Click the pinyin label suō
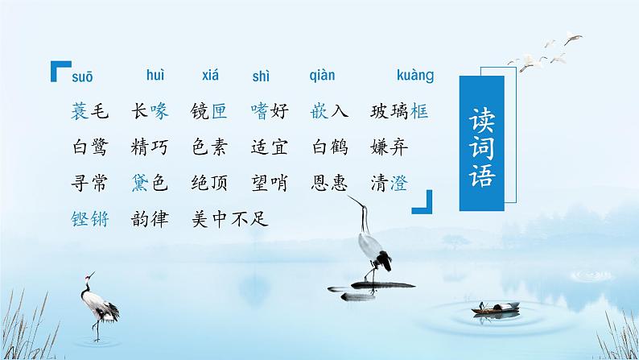[x=83, y=77]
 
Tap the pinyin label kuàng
[x=415, y=77]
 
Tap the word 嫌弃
[x=390, y=147]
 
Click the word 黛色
[x=149, y=183]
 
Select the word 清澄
[x=390, y=183]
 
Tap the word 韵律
[x=149, y=218]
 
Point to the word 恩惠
[x=330, y=183]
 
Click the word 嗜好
[x=270, y=112]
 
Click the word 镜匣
[x=209, y=112]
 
